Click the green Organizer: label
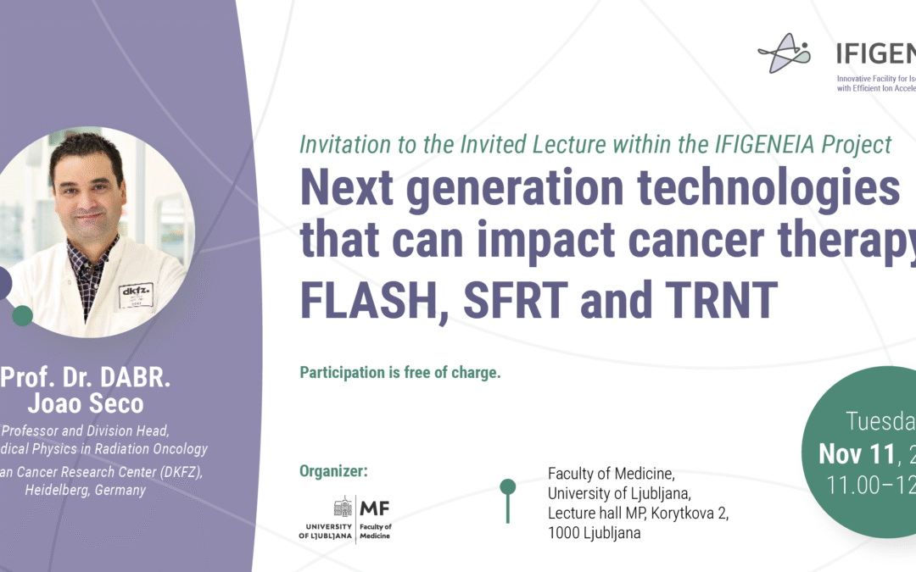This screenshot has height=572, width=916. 333,471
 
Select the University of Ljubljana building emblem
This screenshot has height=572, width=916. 342,507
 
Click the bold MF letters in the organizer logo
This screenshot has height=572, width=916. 375,508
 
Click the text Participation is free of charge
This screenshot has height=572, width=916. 399,372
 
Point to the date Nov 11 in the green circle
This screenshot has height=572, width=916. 855,454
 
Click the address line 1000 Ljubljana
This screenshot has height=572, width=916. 594,533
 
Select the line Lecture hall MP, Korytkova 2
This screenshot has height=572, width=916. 638,513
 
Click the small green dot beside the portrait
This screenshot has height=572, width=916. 23,316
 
